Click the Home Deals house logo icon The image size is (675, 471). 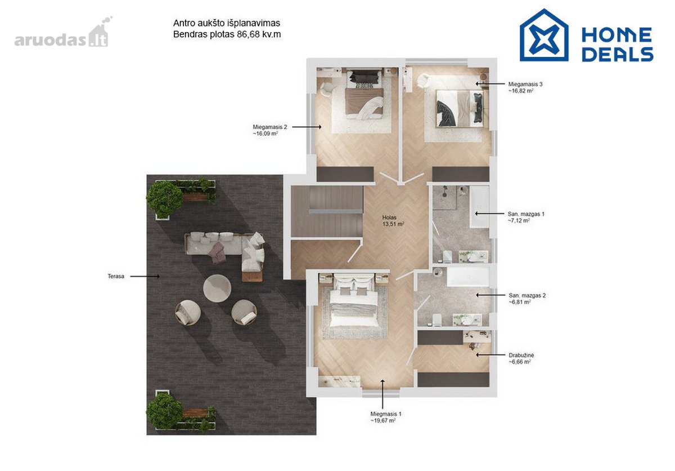pyautogui.click(x=544, y=35)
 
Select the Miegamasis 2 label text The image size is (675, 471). pyautogui.click(x=269, y=127)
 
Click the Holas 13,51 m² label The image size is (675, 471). pyautogui.click(x=393, y=220)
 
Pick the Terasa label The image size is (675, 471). pyautogui.click(x=116, y=276)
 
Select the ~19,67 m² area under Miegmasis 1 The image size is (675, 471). pyautogui.click(x=383, y=421)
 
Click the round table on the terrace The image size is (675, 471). pyautogui.click(x=217, y=288)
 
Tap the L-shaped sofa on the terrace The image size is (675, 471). pyautogui.click(x=224, y=252)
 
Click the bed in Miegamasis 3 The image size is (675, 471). pyautogui.click(x=460, y=109)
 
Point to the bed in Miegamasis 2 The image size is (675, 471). pyautogui.click(x=364, y=95)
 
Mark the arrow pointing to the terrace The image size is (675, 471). pyautogui.click(x=145, y=276)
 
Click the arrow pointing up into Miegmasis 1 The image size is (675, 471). pyautogui.click(x=382, y=394)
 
